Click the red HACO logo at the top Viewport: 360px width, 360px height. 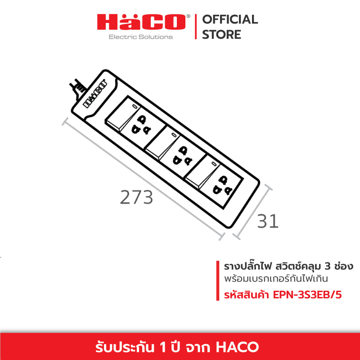tap(141, 22)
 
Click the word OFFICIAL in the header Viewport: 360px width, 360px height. tap(230, 19)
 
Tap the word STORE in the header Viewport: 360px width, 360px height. tap(221, 35)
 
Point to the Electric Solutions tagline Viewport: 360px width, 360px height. tap(141, 37)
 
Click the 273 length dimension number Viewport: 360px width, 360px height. tap(136, 197)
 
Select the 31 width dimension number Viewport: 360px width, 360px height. tap(268, 221)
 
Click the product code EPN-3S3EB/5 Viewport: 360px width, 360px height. tap(307, 295)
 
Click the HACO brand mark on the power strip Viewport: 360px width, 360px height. tap(94, 94)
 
